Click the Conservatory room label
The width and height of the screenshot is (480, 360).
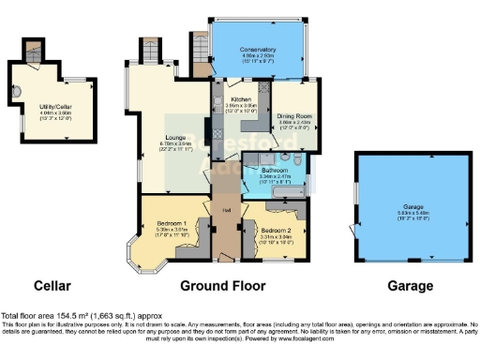coord(257,49)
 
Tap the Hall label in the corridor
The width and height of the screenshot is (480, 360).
coord(226,210)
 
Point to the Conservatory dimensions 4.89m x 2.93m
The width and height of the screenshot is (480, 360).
coord(257,55)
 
